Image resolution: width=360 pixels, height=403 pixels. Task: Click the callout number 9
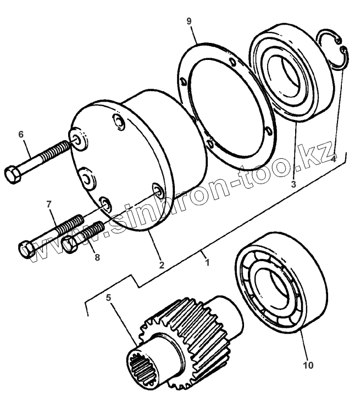point(189,21)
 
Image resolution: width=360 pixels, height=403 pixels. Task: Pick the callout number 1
point(207,263)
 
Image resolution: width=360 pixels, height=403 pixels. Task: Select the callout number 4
point(333,159)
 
